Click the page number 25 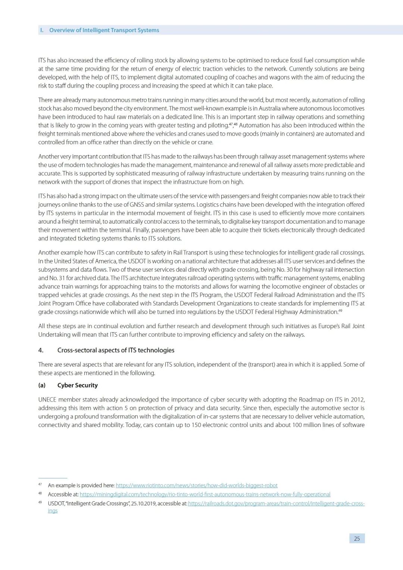pos(357,538)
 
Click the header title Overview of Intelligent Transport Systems pos(104,30)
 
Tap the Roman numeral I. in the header pos(42,30)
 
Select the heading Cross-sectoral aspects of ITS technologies pos(116,350)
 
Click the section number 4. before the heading pos(41,350)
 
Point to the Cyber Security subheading pos(78,385)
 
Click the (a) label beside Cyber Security pos(42,385)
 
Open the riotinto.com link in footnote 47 pos(197,486)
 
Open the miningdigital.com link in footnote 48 pos(205,495)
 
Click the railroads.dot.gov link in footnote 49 pos(276,504)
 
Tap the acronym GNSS pos(137,205)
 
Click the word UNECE pos(47,399)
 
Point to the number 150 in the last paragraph pos(196,425)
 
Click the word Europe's pos(329,326)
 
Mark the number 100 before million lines pos(297,425)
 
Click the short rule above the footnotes pos(53,478)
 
